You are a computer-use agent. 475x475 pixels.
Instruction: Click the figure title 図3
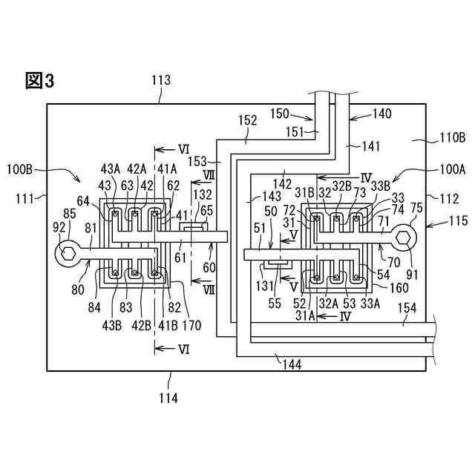pyautogui.click(x=39, y=81)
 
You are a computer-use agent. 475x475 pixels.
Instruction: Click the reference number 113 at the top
pyautogui.click(x=161, y=81)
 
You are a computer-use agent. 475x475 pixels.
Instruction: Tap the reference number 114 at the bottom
pyautogui.click(x=168, y=398)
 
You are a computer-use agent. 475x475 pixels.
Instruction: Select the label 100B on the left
pyautogui.click(x=20, y=169)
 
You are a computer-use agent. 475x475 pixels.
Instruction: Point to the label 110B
pyautogui.click(x=452, y=138)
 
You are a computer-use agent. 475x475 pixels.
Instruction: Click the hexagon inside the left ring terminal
pyautogui.click(x=68, y=254)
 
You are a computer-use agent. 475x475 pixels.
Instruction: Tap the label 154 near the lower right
pyautogui.click(x=407, y=309)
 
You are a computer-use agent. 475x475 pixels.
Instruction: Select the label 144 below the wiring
pyautogui.click(x=292, y=364)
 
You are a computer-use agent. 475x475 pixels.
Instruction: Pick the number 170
pyautogui.click(x=191, y=326)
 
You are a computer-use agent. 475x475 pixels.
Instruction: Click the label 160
pyautogui.click(x=399, y=288)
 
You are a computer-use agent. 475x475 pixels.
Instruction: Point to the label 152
pyautogui.click(x=248, y=120)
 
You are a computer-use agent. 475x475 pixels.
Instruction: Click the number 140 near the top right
pyautogui.click(x=381, y=114)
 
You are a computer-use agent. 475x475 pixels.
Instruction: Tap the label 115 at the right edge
pyautogui.click(x=459, y=220)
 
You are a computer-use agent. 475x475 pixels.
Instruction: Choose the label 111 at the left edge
pyautogui.click(x=24, y=200)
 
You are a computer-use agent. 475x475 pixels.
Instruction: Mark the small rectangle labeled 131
pyautogui.click(x=277, y=266)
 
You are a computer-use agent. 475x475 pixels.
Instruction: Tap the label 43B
pyautogui.click(x=112, y=326)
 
